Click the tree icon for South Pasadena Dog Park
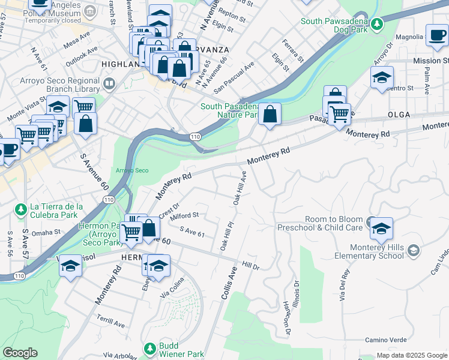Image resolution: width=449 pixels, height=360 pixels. tap(376, 24)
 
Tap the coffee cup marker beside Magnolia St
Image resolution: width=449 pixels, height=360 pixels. tap(436, 35)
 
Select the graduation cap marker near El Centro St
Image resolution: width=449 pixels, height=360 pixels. tap(382, 78)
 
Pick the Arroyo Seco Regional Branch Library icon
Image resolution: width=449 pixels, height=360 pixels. tap(109, 83)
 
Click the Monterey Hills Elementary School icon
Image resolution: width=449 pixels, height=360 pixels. tap(413, 250)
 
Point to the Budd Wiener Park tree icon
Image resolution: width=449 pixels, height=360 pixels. tap(150, 348)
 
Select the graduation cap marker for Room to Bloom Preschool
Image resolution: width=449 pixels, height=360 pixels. tap(381, 229)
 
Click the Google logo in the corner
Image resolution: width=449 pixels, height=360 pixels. tap(20, 353)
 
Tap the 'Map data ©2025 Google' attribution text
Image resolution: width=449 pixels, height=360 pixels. tap(412, 355)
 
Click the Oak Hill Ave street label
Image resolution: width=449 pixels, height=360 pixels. tap(240, 188)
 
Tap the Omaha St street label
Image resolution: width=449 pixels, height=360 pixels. tap(46, 232)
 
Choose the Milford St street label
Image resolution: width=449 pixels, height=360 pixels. tap(184, 215)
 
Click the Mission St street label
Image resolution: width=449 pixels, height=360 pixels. tap(430, 61)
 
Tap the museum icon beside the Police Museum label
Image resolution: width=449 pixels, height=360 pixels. tap(90, 11)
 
